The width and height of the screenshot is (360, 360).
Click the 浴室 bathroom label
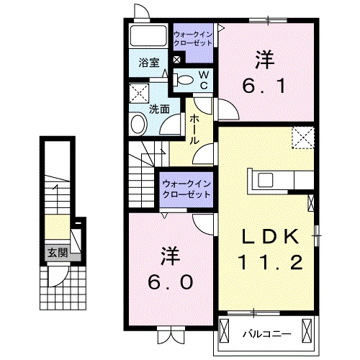150,62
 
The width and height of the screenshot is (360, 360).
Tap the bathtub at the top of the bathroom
150,37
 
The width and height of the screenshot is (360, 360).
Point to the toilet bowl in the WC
184,80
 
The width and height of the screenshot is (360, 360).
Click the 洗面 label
159,109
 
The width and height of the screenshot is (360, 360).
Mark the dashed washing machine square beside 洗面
139,94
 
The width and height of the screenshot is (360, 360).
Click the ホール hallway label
194,130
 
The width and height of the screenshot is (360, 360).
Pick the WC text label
203,79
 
